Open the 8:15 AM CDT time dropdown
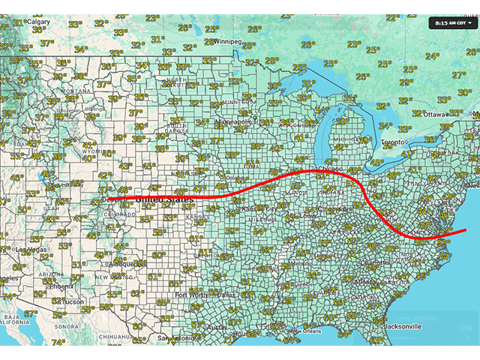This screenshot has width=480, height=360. click(x=451, y=22)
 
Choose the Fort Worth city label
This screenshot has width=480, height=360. click(x=190, y=295)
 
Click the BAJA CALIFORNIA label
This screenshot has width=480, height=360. click(x=13, y=322)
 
